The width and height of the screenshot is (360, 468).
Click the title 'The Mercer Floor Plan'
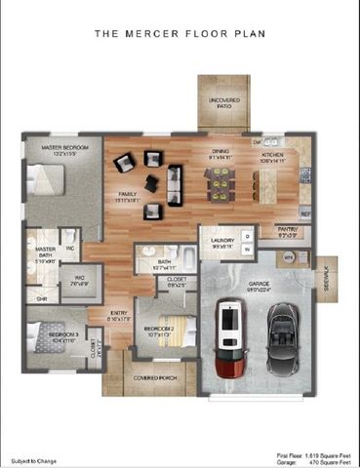(180, 33)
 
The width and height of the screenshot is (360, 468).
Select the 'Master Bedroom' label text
(64, 148)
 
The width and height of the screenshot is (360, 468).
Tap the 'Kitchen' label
(272, 154)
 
